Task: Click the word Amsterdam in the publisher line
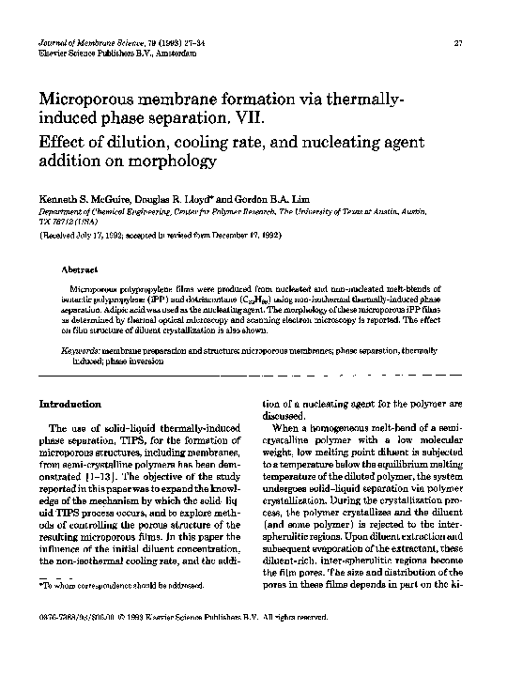tap(169, 54)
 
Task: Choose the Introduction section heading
tap(69, 404)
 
